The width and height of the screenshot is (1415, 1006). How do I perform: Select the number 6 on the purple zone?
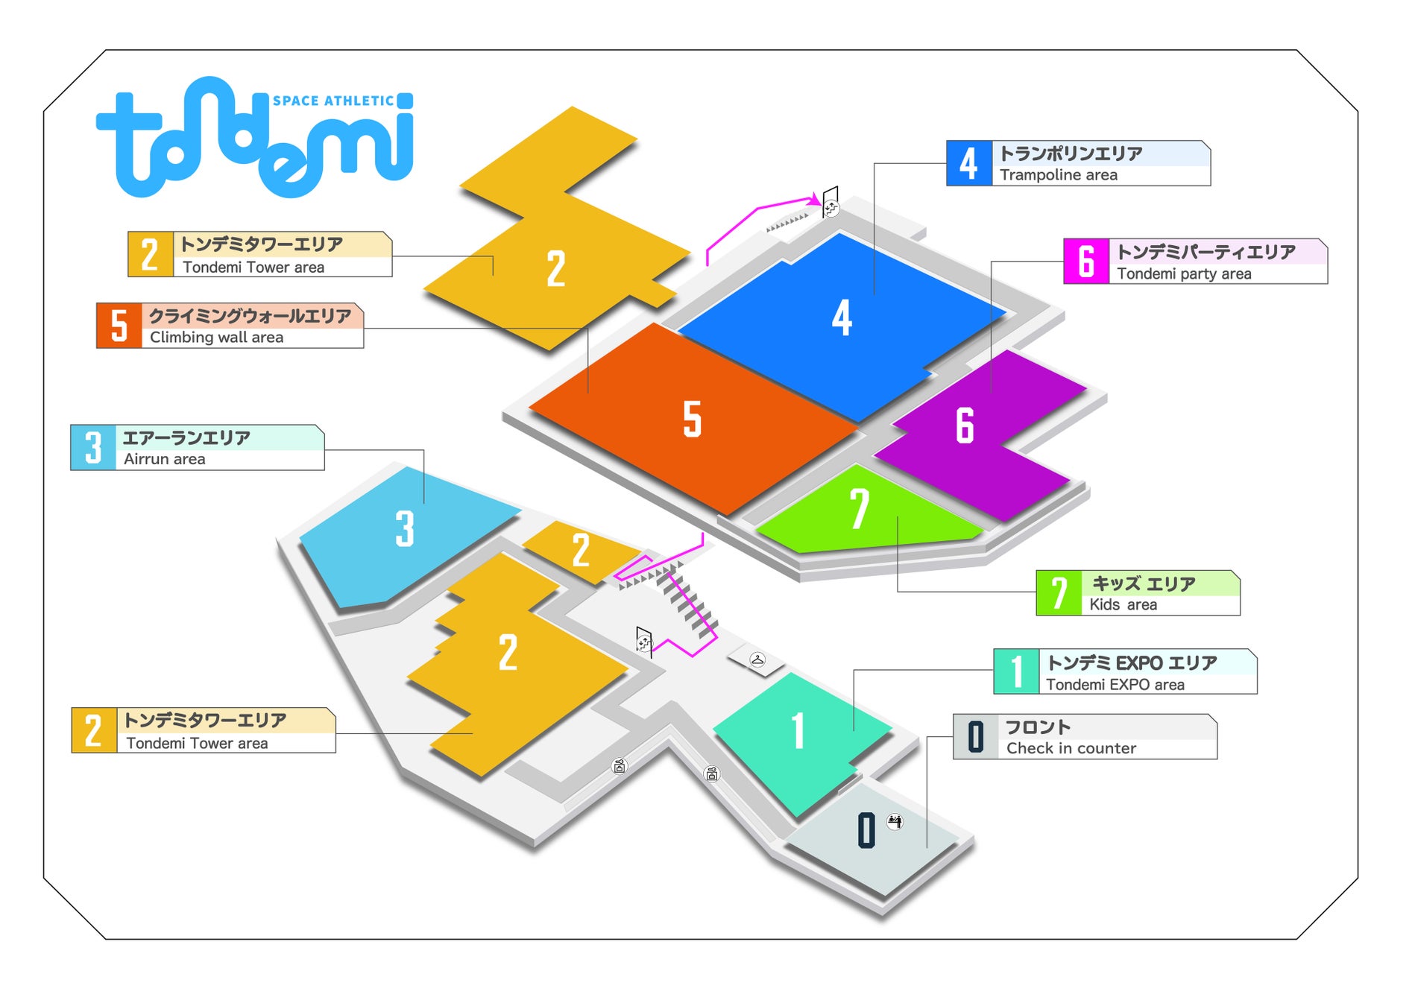tap(965, 426)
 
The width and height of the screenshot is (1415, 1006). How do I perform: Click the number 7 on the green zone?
tap(859, 509)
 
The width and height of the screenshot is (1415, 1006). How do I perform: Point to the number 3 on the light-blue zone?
tap(404, 528)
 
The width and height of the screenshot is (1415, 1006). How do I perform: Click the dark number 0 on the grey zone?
tap(866, 830)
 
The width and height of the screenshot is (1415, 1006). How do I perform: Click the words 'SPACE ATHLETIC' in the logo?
tap(333, 101)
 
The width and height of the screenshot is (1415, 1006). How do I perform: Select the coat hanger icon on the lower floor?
tap(757, 659)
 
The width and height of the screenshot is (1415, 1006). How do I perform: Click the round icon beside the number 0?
tap(895, 821)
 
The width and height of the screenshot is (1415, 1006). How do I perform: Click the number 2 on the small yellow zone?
tap(581, 551)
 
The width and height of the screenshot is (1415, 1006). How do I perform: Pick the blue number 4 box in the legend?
tap(968, 163)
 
